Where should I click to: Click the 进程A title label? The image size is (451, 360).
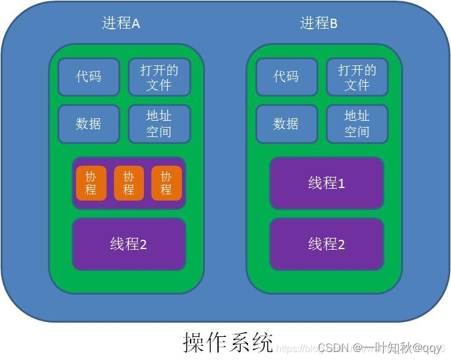(x=121, y=24)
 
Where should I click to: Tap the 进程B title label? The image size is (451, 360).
(x=318, y=24)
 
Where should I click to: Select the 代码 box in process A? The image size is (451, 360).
(x=88, y=77)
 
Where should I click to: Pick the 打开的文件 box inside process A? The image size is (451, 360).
(x=159, y=77)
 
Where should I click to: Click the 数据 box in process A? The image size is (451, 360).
(x=88, y=123)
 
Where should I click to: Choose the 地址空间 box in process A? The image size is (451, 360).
(x=159, y=123)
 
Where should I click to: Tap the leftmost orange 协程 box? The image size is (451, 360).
(x=91, y=183)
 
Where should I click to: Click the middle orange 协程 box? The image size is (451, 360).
(x=128, y=183)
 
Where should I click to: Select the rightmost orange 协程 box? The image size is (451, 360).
(x=166, y=183)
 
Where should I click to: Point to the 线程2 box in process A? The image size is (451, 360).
(x=128, y=244)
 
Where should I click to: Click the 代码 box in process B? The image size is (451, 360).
(x=286, y=77)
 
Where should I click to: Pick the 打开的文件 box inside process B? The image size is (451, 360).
(x=357, y=77)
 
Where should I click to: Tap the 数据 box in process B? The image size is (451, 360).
(x=286, y=123)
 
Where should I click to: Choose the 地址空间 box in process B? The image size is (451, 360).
(x=357, y=123)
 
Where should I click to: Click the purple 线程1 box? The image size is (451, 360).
(x=326, y=183)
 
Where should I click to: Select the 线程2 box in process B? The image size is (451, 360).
(x=326, y=244)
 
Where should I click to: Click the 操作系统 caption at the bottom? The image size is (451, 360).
(x=228, y=342)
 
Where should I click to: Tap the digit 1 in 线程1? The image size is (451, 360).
(x=341, y=184)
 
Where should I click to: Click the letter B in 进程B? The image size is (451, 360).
(x=333, y=24)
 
